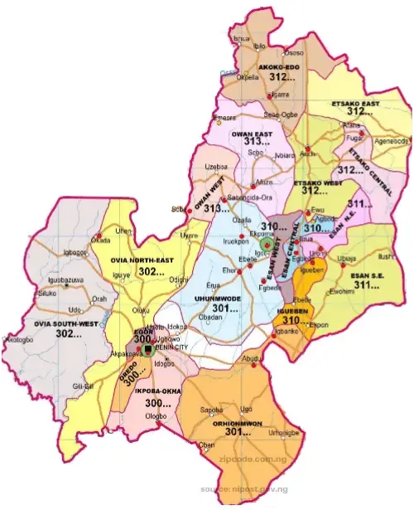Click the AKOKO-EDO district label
[x=279, y=66]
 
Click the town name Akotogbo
[x=18, y=340]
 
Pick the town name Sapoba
[x=213, y=410]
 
